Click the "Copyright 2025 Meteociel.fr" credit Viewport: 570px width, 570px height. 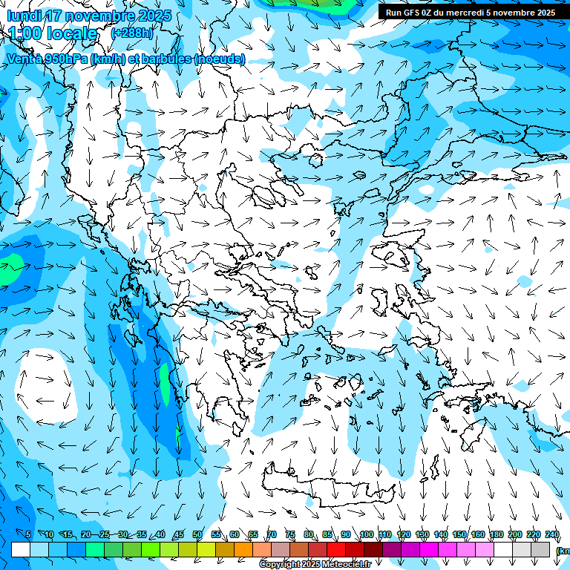pyautogui.click(x=315, y=565)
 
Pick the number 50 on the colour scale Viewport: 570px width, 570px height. pyautogui.click(x=197, y=534)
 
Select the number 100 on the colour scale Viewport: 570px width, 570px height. pyautogui.click(x=367, y=534)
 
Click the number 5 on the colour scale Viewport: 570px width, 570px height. pyautogui.click(x=28, y=534)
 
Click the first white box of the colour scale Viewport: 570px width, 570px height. pyautogui.click(x=21, y=549)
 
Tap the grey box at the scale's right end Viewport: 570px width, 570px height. pyautogui.click(x=540, y=549)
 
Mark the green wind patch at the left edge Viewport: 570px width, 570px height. pyautogui.click(x=9, y=269)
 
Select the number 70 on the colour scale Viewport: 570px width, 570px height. pyautogui.click(x=272, y=534)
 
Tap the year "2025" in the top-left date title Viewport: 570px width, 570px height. pyautogui.click(x=154, y=16)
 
